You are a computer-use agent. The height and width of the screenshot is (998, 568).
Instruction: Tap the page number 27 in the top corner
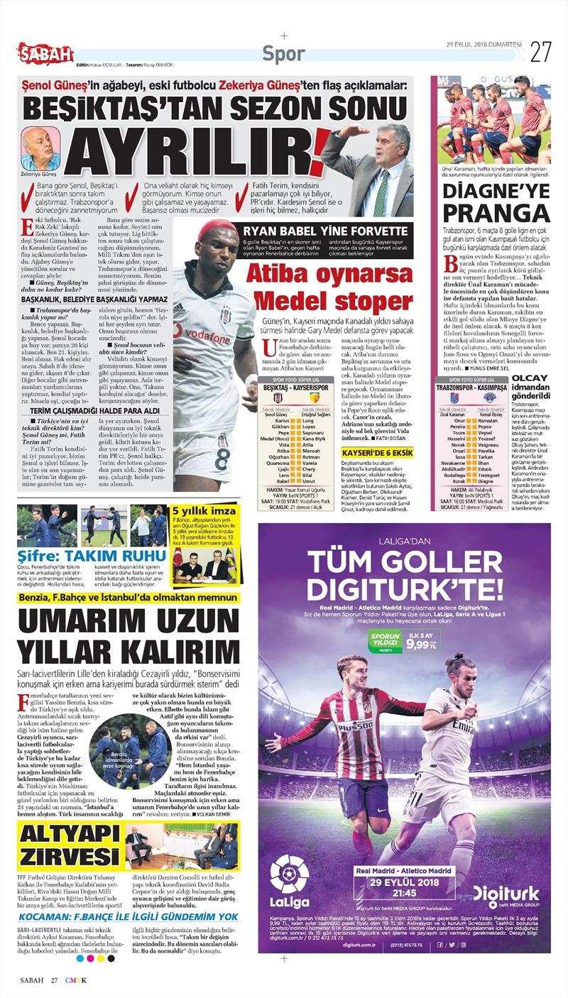point(541,51)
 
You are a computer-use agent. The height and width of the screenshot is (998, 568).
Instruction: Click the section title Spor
point(284,53)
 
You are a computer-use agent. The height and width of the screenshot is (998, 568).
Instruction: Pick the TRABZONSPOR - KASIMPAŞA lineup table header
point(483,390)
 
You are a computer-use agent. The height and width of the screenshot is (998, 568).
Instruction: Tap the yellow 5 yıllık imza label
point(195,510)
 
